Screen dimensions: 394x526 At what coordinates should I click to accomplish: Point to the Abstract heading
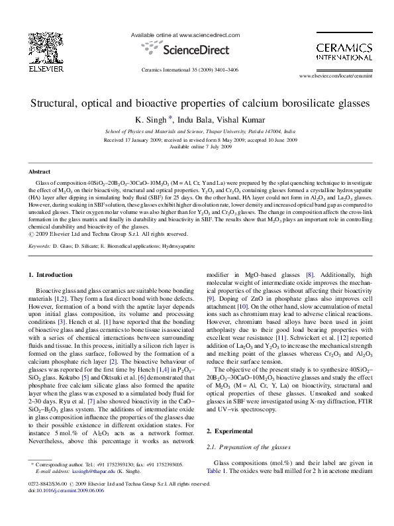pyautogui.click(x=35, y=171)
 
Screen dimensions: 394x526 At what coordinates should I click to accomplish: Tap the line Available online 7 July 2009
pyautogui.click(x=197, y=146)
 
